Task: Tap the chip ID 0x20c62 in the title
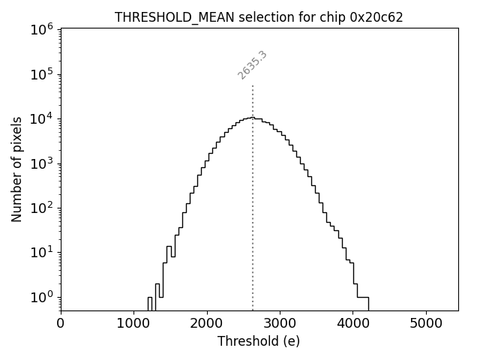[376, 17]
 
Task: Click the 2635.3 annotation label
[253, 65]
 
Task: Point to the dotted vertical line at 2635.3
[253, 210]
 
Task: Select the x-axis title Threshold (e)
[259, 341]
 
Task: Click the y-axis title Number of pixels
[16, 169]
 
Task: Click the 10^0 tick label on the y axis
[41, 297]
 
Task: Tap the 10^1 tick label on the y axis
[41, 252]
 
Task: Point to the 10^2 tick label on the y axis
[41, 208]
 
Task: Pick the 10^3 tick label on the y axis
[41, 163]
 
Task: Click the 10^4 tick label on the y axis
[41, 118]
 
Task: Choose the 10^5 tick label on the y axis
[41, 73]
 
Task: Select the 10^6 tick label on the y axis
[41, 29]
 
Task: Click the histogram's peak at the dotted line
[253, 117]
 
